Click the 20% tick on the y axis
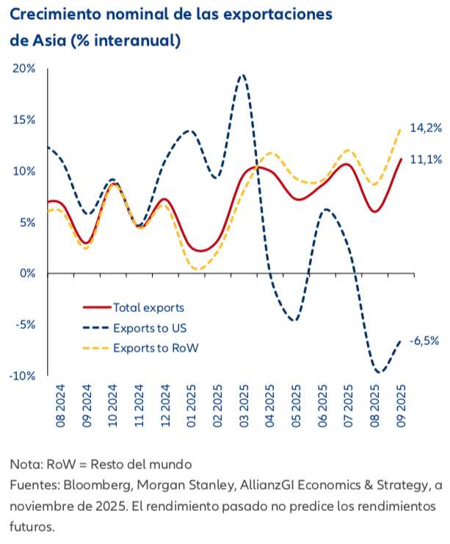pyautogui.click(x=24, y=68)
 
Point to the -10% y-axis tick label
pyautogui.click(x=23, y=376)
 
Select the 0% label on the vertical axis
pyautogui.click(x=28, y=273)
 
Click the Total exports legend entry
pyautogui.click(x=148, y=308)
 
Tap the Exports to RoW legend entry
pyautogui.click(x=156, y=347)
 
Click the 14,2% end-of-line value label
pyautogui.click(x=426, y=128)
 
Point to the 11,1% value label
pyautogui.click(x=426, y=159)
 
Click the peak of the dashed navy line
pyautogui.click(x=243, y=75)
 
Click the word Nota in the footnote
pyautogui.click(x=25, y=465)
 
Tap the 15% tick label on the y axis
pyautogui.click(x=24, y=120)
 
